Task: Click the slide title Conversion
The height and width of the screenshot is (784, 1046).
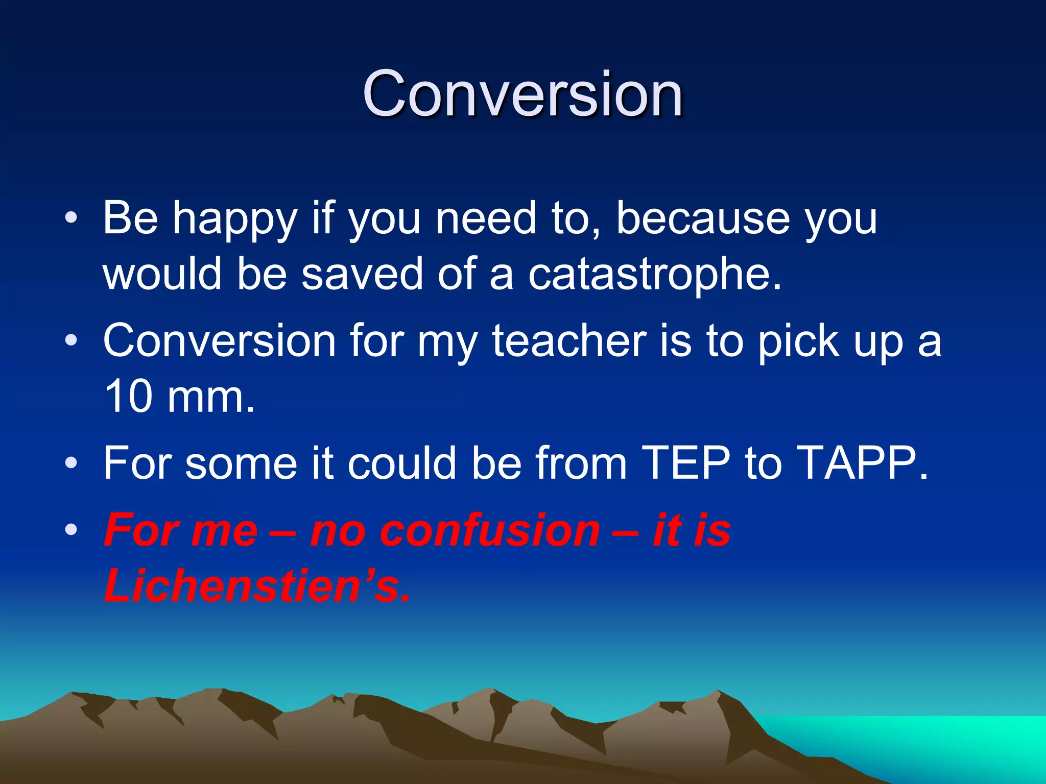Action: pyautogui.click(x=522, y=94)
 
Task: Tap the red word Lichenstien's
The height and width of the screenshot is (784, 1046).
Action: pyautogui.click(x=257, y=586)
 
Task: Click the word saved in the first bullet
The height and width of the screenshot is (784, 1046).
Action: pyautogui.click(x=362, y=274)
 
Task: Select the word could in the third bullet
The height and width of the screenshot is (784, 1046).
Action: pyautogui.click(x=402, y=463)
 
